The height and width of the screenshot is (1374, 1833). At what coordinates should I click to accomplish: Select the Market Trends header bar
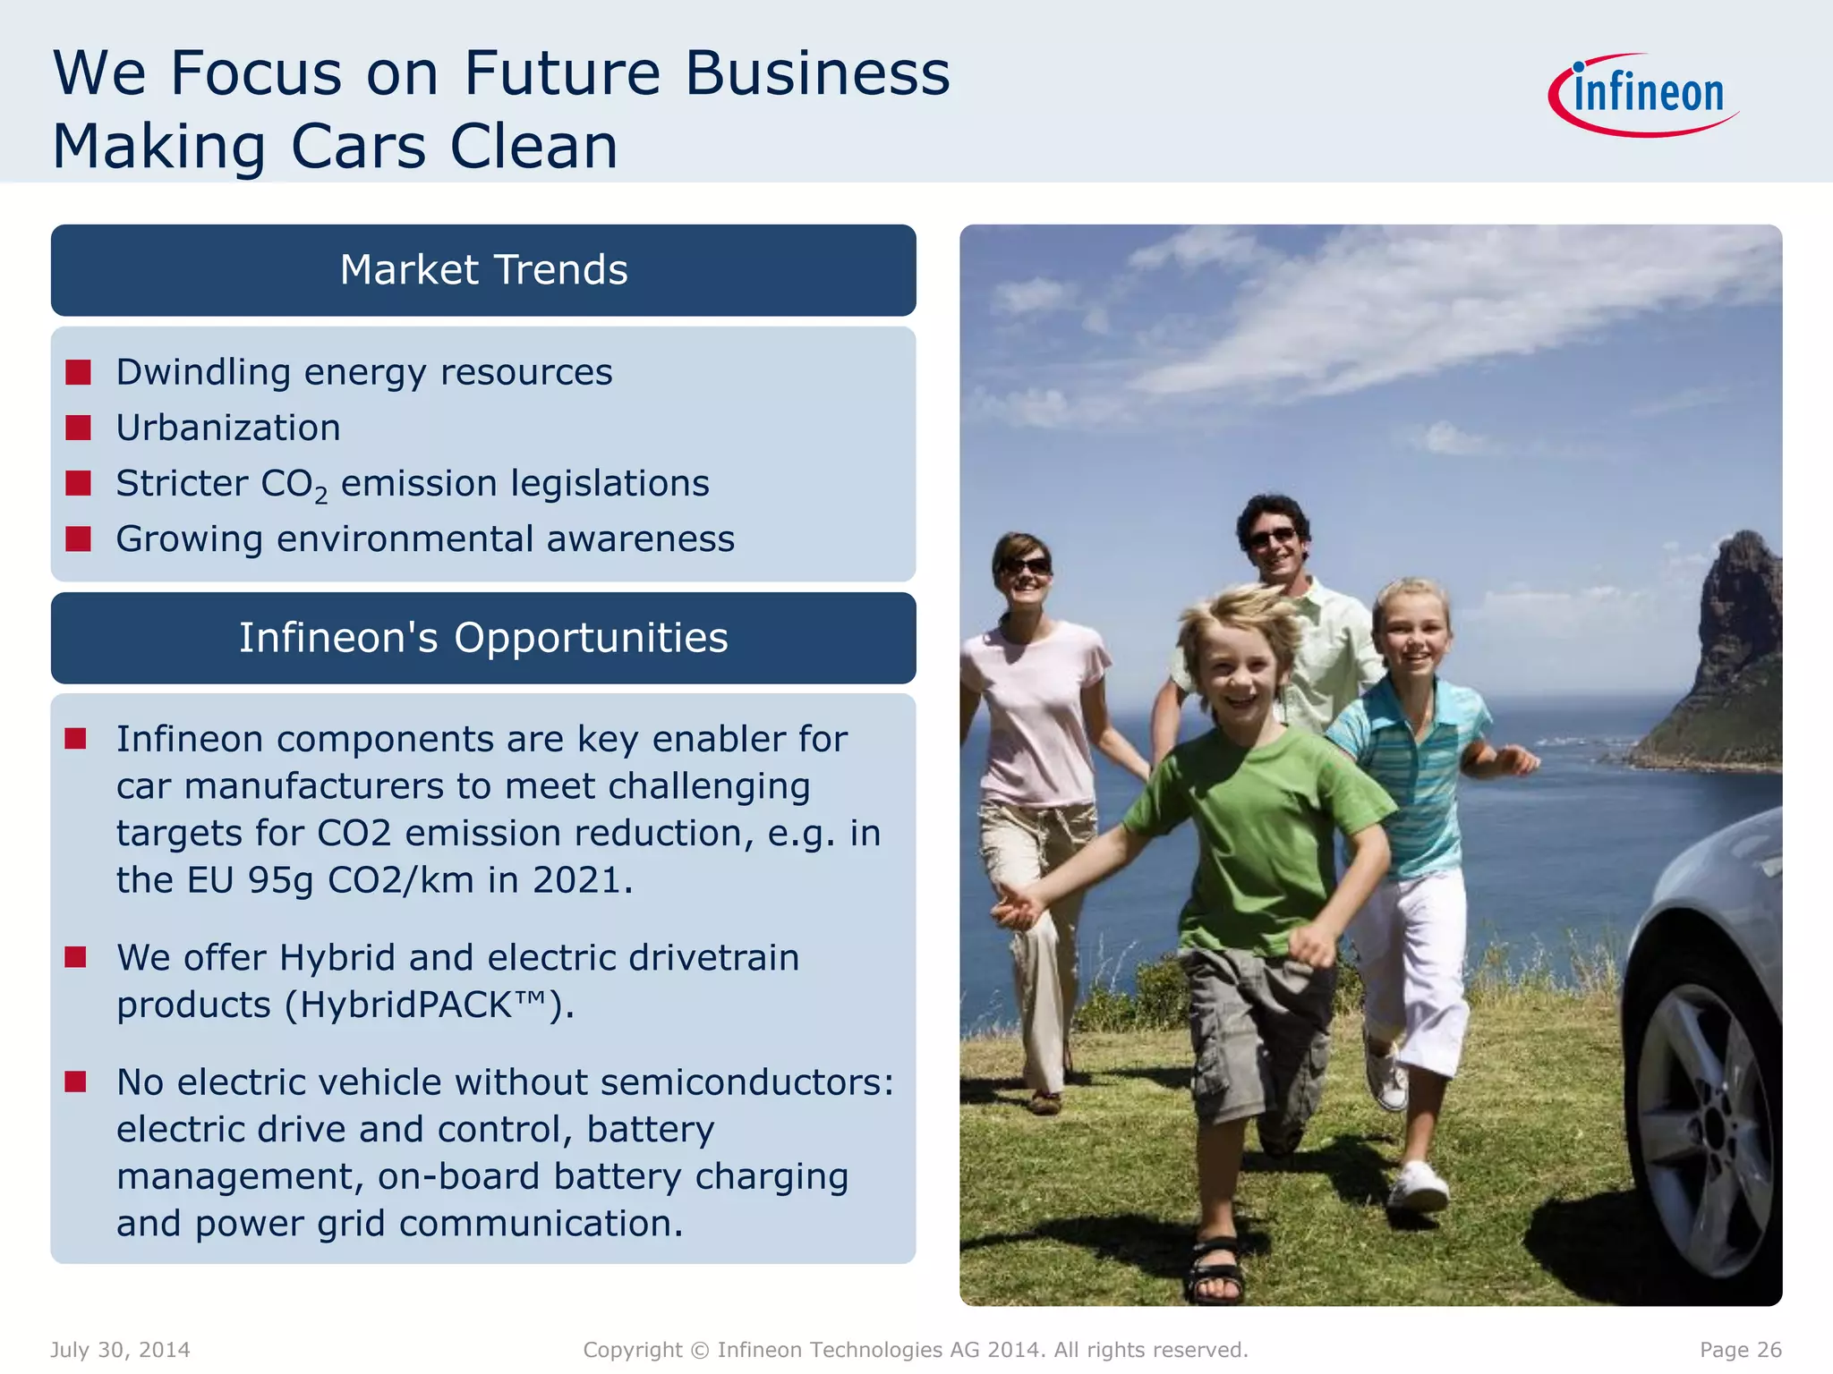pyautogui.click(x=483, y=270)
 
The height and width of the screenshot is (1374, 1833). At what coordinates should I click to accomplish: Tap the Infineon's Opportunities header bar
pyautogui.click(x=483, y=638)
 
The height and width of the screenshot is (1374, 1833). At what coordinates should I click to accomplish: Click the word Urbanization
pyautogui.click(x=228, y=428)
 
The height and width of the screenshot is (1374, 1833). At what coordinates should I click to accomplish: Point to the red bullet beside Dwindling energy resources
pyautogui.click(x=79, y=372)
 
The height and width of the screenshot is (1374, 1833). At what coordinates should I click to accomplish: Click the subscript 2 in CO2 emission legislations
pyautogui.click(x=321, y=495)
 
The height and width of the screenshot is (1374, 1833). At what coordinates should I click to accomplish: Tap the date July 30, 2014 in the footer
pyautogui.click(x=120, y=1350)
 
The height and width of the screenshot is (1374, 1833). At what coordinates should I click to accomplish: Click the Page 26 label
pyautogui.click(x=1740, y=1350)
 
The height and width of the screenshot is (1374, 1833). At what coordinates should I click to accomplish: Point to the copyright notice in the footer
pyautogui.click(x=915, y=1350)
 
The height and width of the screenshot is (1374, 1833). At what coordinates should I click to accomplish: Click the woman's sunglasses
pyautogui.click(x=1026, y=566)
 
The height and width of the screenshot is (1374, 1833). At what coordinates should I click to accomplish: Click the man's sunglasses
pyautogui.click(x=1272, y=537)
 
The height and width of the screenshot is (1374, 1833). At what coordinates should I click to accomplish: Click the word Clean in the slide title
pyautogui.click(x=533, y=146)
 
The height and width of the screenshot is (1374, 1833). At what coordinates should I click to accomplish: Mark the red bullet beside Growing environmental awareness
pyautogui.click(x=79, y=539)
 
